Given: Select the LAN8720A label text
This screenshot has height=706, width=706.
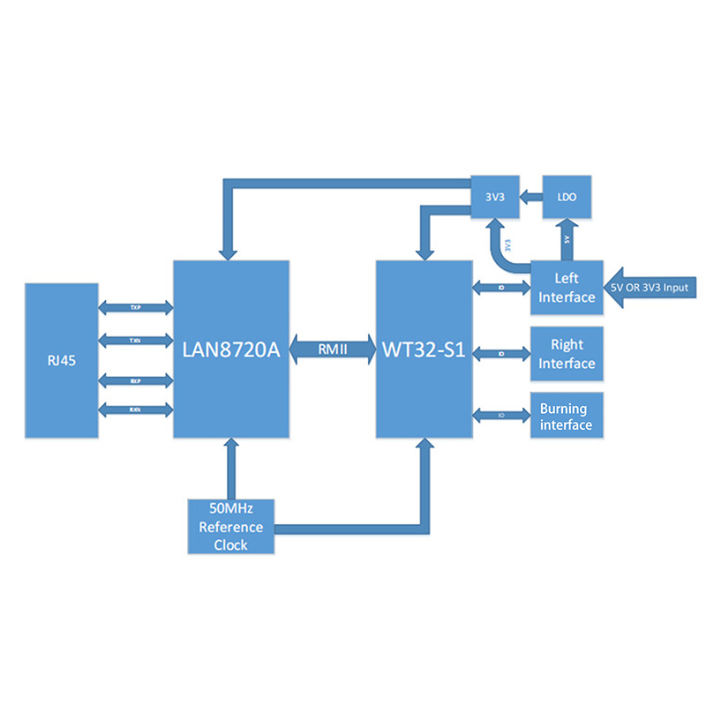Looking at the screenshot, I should [231, 349].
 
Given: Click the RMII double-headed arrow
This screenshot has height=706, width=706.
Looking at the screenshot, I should [333, 349].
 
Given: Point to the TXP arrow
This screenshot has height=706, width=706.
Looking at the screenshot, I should [135, 307].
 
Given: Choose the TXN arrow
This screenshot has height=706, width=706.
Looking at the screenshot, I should [135, 339].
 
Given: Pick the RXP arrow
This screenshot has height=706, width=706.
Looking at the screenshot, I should [135, 379].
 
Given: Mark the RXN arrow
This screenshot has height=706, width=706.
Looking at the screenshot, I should [135, 409].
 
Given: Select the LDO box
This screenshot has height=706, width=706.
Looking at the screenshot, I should [567, 199].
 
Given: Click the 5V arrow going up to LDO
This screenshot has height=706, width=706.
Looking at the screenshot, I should [567, 241].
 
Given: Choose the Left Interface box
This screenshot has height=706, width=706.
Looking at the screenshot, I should [567, 288].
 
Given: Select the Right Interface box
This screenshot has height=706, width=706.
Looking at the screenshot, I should [567, 354].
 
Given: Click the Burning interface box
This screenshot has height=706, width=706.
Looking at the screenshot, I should [567, 417].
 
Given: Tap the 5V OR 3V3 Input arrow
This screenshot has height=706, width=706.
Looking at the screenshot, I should [653, 288].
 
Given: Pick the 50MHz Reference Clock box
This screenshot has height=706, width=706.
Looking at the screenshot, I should [231, 527].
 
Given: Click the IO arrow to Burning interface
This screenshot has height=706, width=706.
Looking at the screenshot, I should [500, 415].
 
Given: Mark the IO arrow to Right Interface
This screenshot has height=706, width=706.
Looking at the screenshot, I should [500, 354].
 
